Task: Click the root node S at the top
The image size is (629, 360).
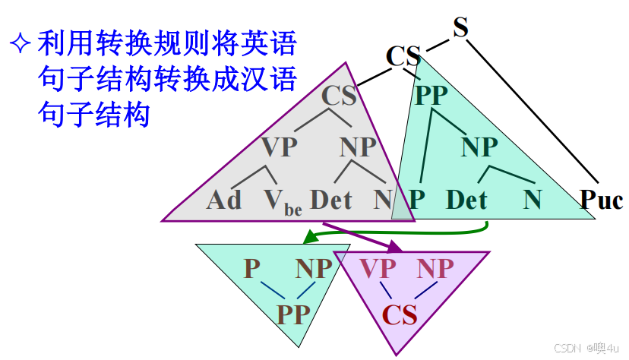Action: click(460, 27)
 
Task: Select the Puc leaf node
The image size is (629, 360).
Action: click(602, 200)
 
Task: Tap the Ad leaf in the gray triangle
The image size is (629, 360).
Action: click(224, 200)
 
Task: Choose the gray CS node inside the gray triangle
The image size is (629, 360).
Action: click(340, 96)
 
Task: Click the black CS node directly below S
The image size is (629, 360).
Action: click(403, 57)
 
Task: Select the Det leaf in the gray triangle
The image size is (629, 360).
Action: click(332, 200)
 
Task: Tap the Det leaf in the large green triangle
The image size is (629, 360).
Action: click(466, 200)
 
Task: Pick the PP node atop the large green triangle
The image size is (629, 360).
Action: click(431, 96)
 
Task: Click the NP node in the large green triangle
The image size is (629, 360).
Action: click(479, 147)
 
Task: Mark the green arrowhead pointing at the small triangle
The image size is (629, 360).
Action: click(308, 238)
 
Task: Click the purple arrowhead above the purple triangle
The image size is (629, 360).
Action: click(395, 247)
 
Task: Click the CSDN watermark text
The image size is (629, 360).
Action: click(568, 348)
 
